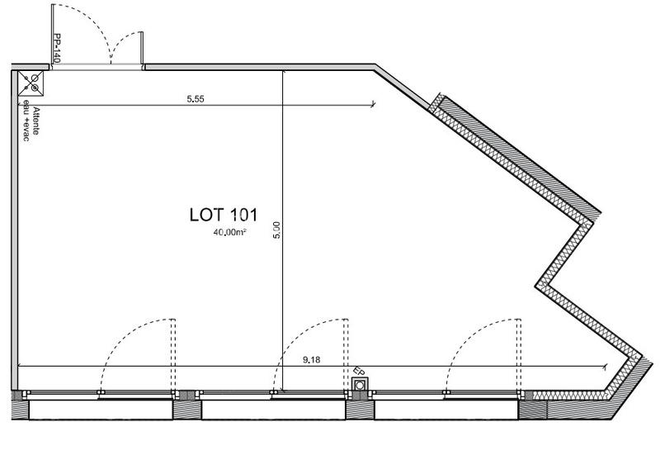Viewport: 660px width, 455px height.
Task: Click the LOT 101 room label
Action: click(x=224, y=216)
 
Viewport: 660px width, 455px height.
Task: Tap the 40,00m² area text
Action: click(x=230, y=234)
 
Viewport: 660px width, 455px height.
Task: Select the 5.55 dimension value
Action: click(x=196, y=99)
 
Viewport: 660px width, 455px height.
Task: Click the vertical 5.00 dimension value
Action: click(x=277, y=229)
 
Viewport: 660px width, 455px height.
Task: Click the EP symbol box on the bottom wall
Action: click(x=360, y=386)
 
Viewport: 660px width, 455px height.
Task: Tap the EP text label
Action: click(x=357, y=372)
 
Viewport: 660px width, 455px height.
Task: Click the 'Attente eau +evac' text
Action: click(x=31, y=120)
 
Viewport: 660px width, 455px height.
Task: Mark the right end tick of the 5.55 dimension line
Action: click(x=374, y=105)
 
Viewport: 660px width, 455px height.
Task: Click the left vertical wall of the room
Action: click(x=14, y=231)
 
